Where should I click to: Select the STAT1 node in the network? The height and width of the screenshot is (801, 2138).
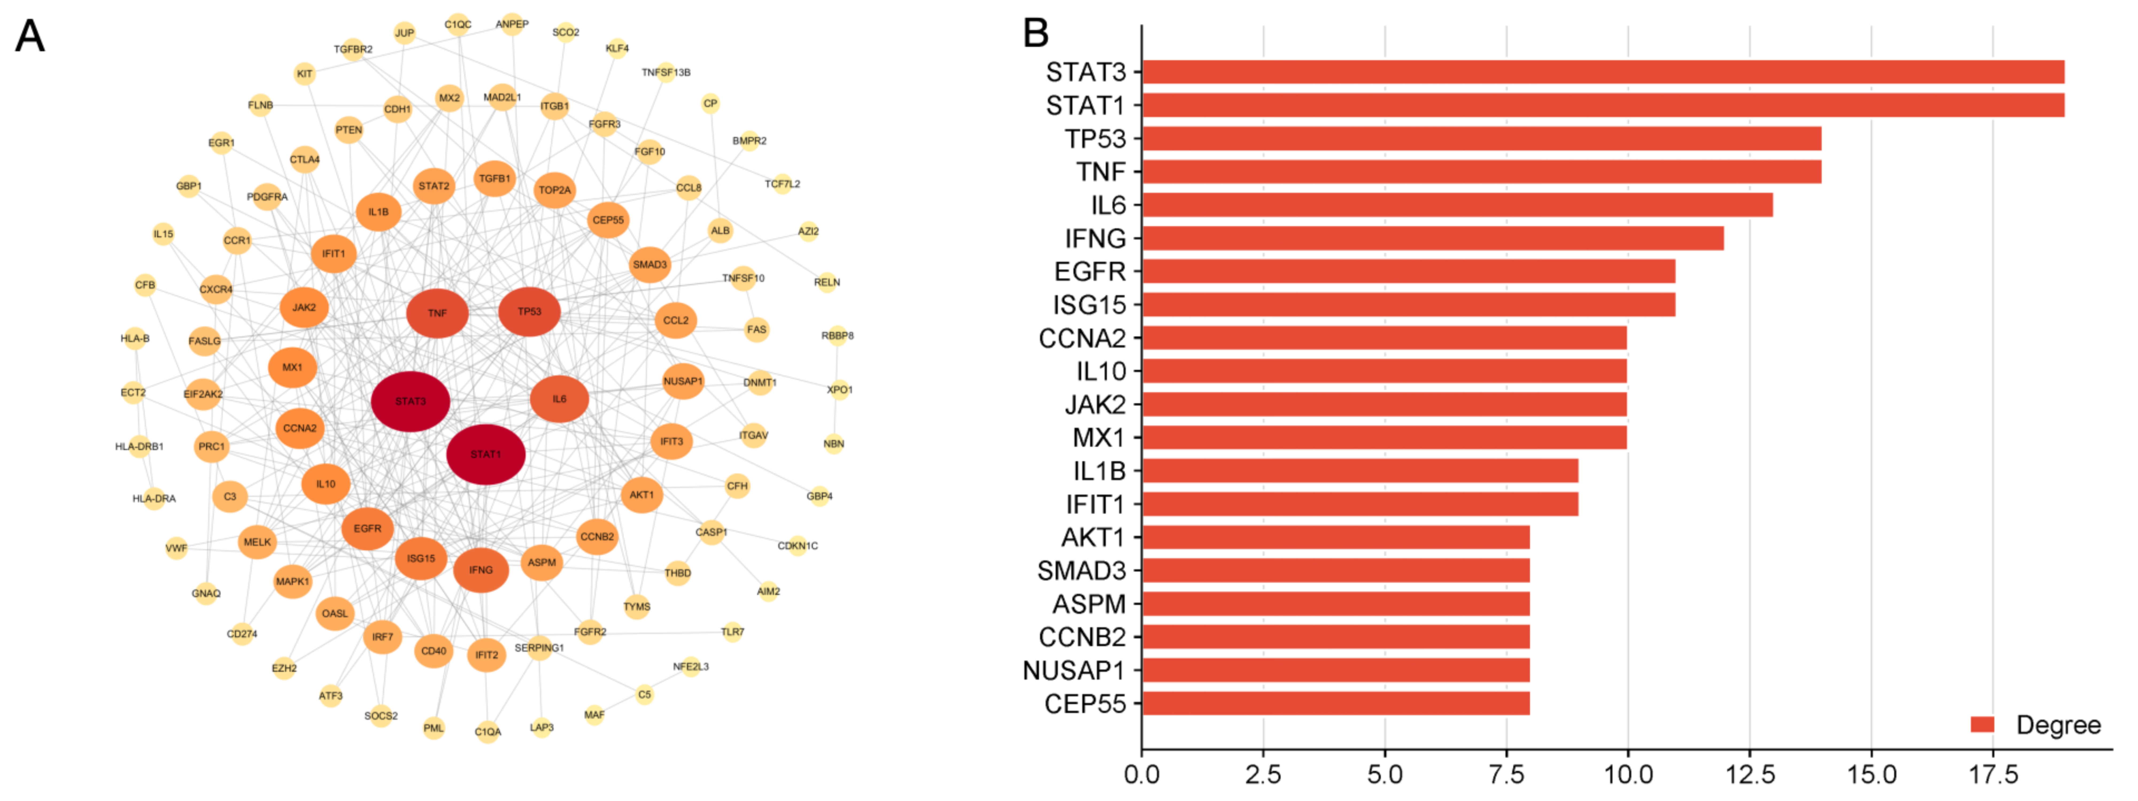[x=486, y=454]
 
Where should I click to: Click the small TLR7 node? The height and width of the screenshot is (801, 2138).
[x=732, y=632]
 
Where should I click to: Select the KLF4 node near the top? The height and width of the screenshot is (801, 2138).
[x=617, y=48]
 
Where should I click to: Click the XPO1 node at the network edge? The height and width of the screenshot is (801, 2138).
[x=839, y=389]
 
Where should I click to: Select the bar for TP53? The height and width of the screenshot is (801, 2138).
[x=1482, y=138]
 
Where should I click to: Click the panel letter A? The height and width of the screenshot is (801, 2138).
[x=30, y=36]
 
